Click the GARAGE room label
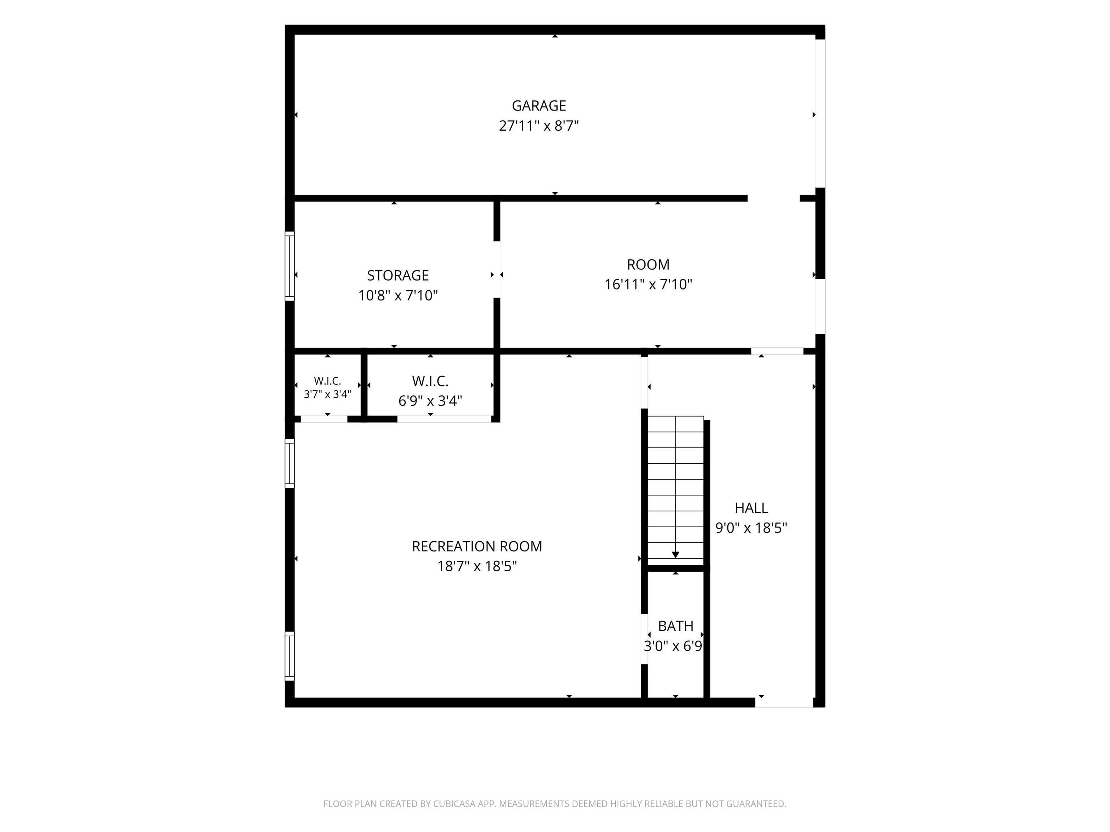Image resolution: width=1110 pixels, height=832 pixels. [x=539, y=106]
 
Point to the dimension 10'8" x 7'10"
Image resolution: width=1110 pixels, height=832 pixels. [x=398, y=296]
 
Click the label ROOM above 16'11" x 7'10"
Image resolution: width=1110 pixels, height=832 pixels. [x=648, y=265]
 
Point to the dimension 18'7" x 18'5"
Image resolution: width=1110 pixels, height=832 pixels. [x=477, y=567]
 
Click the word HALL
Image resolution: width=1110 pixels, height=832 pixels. [x=751, y=508]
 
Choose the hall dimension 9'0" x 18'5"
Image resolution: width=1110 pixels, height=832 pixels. [x=751, y=528]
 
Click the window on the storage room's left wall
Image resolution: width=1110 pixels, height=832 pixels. [x=289, y=266]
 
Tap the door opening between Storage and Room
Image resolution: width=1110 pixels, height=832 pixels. [x=497, y=270]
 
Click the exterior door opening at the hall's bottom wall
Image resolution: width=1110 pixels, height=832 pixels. [x=784, y=703]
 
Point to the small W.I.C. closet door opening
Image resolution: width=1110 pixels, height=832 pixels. [x=324, y=419]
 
